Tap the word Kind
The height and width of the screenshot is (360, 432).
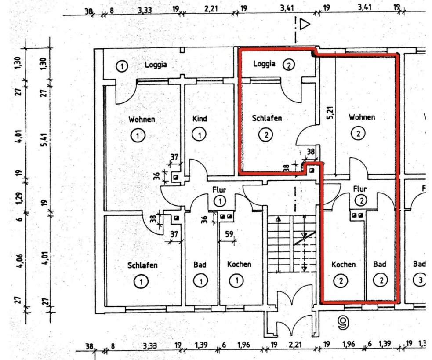point(200,119)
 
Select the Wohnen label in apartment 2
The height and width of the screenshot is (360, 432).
point(362,117)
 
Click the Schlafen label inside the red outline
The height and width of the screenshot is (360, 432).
point(267,118)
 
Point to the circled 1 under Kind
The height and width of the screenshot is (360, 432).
point(200,135)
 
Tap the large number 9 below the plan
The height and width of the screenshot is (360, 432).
point(343,324)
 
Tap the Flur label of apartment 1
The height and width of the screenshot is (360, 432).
point(219,190)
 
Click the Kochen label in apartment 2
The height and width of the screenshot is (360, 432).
point(343,264)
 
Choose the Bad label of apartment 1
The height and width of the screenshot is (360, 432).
point(200,265)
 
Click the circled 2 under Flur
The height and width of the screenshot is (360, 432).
point(360,201)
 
